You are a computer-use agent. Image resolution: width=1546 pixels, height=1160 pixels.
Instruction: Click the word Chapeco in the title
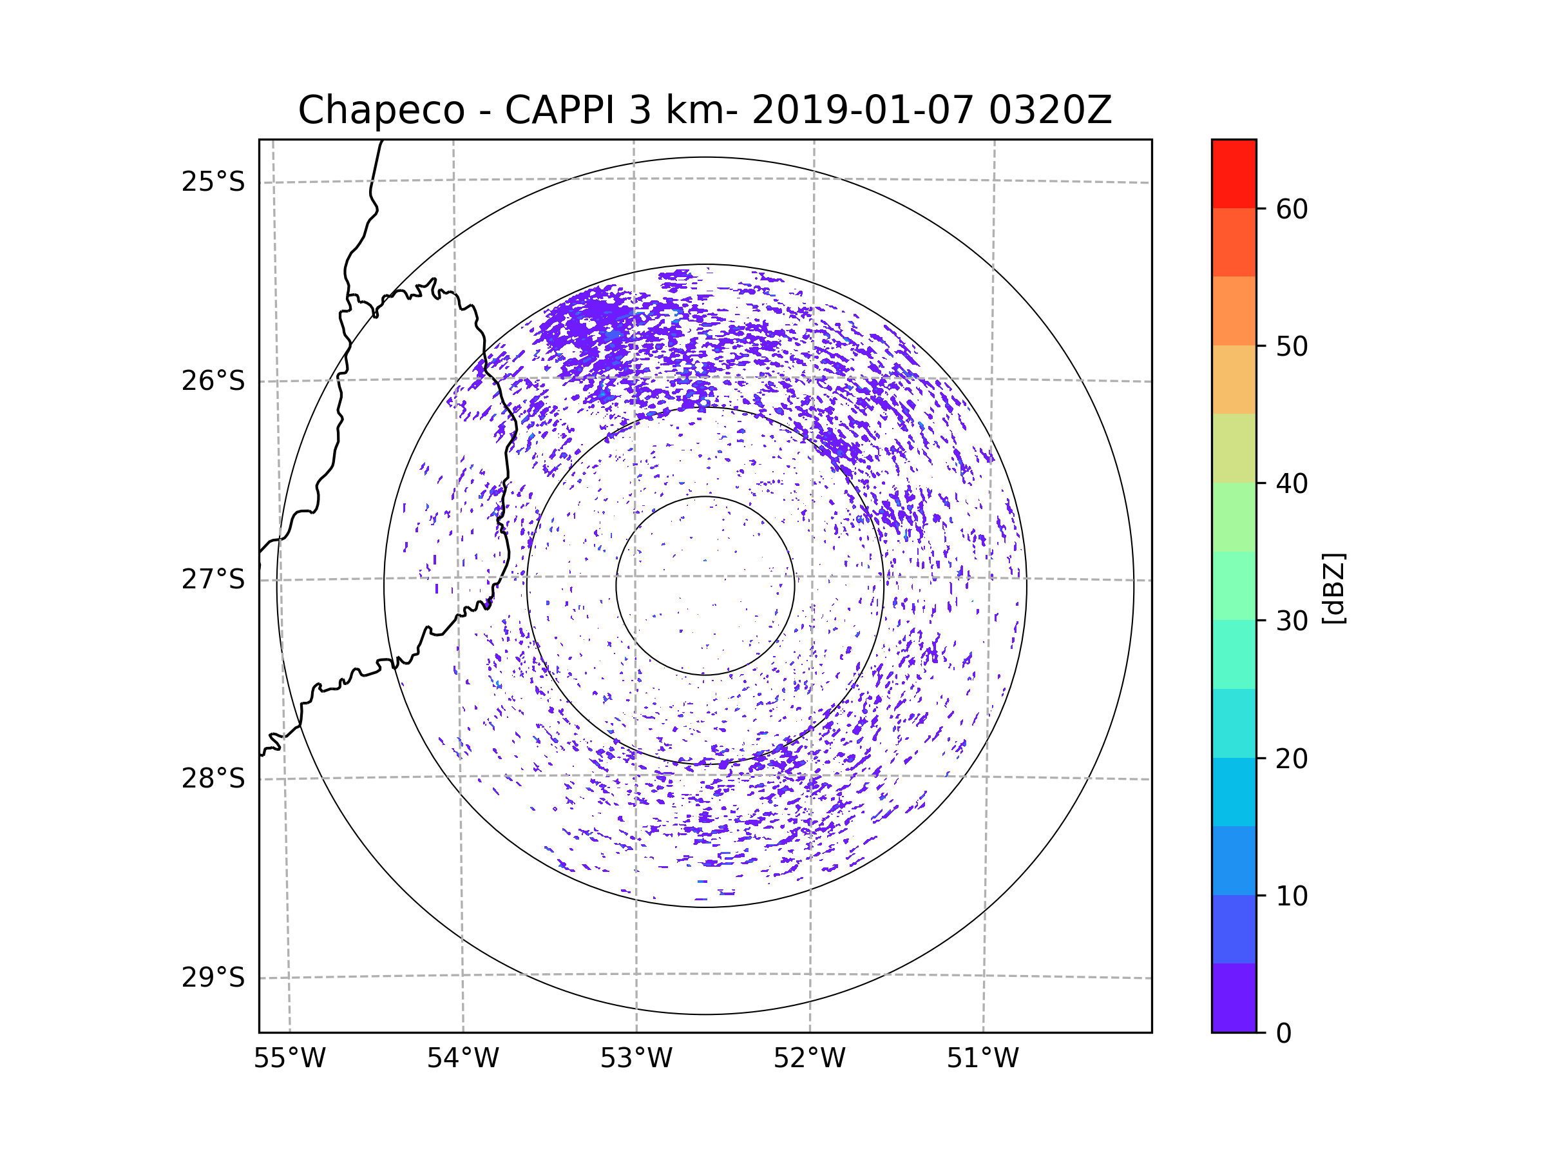(x=381, y=110)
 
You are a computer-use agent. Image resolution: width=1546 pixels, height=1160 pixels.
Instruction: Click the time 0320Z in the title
(x=1050, y=110)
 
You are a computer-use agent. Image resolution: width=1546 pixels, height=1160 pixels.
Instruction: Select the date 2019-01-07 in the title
(x=863, y=110)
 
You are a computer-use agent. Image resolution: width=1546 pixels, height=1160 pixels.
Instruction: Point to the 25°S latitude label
(x=213, y=182)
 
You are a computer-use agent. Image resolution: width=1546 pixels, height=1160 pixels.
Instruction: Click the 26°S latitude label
(x=213, y=381)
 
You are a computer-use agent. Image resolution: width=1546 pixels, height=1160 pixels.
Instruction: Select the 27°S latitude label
(x=213, y=579)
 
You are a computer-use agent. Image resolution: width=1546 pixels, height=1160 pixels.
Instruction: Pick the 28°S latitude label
(x=213, y=778)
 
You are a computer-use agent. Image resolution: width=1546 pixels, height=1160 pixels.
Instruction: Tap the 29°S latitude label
(x=213, y=978)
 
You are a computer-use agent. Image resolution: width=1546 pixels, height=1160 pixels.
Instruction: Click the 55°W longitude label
(x=289, y=1059)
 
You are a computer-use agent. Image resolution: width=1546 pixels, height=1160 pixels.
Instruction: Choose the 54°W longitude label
(x=463, y=1059)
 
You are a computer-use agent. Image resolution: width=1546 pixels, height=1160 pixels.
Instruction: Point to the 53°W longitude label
(x=636, y=1059)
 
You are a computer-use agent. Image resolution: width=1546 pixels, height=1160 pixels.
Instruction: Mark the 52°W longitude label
(x=809, y=1059)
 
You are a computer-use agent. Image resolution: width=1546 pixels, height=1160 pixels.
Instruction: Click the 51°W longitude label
(x=982, y=1059)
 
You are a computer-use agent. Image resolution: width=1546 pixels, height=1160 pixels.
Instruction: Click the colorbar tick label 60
(x=1292, y=209)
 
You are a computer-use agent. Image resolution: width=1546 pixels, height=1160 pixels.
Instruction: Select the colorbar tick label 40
(x=1292, y=484)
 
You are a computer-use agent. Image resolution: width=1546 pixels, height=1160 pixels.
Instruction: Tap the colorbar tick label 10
(x=1292, y=896)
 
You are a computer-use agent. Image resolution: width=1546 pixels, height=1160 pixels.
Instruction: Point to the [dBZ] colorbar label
(x=1334, y=588)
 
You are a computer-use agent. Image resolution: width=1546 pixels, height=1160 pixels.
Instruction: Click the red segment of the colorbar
(x=1234, y=174)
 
